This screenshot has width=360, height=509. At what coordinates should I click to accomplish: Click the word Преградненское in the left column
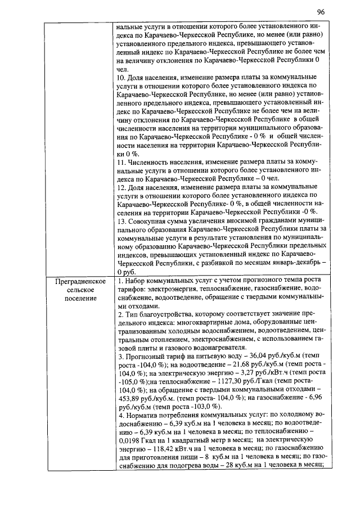coord(78,281)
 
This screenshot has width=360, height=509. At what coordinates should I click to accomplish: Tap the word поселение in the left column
coord(78,298)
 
